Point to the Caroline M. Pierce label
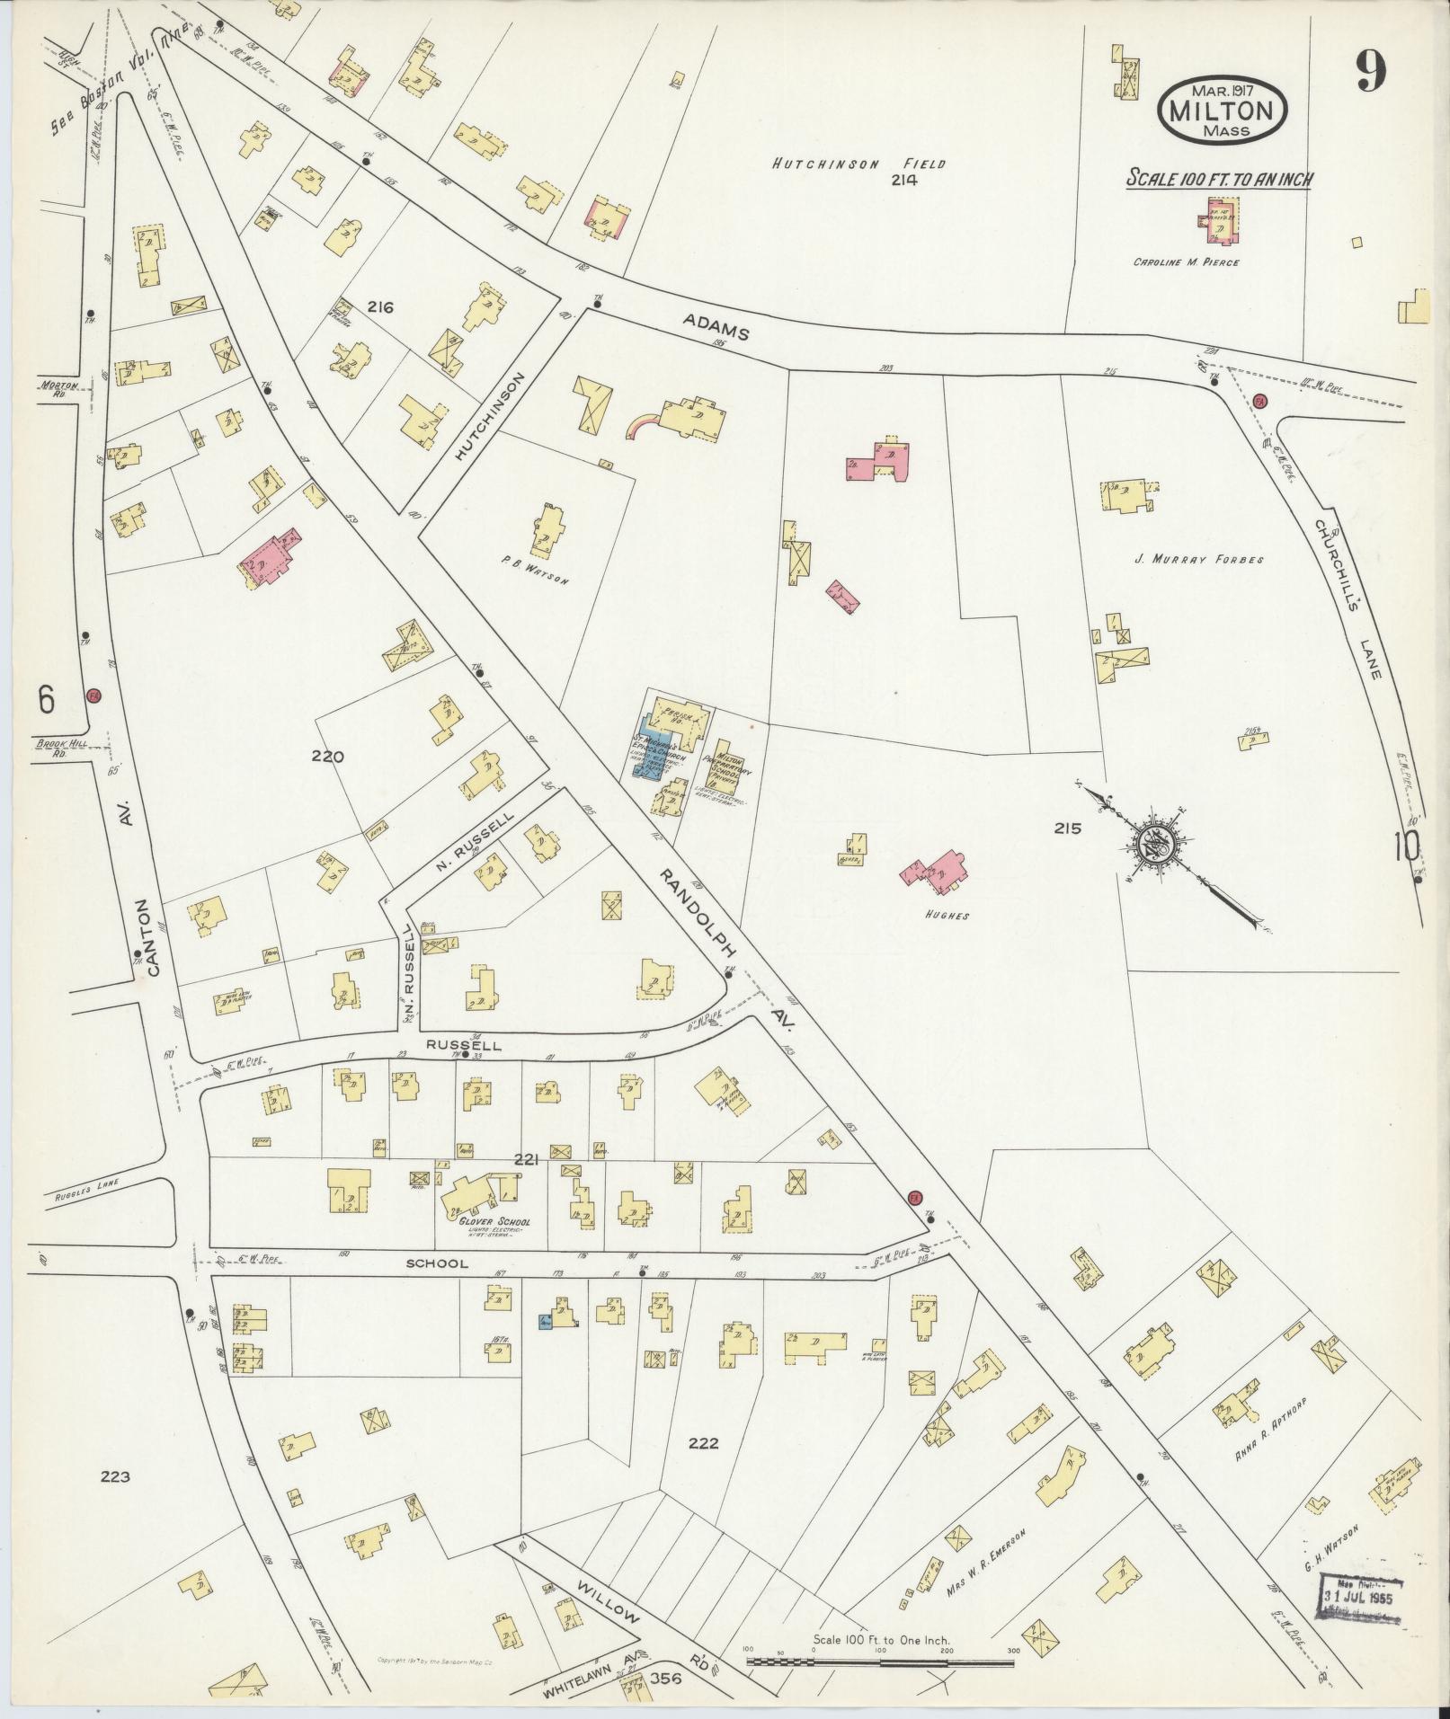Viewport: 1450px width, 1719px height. click(x=1186, y=262)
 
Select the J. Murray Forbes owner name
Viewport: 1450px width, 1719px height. click(x=1198, y=559)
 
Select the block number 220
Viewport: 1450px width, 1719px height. click(x=328, y=757)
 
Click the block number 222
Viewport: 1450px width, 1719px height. click(x=703, y=1444)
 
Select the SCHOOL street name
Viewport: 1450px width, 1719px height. click(x=437, y=1263)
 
